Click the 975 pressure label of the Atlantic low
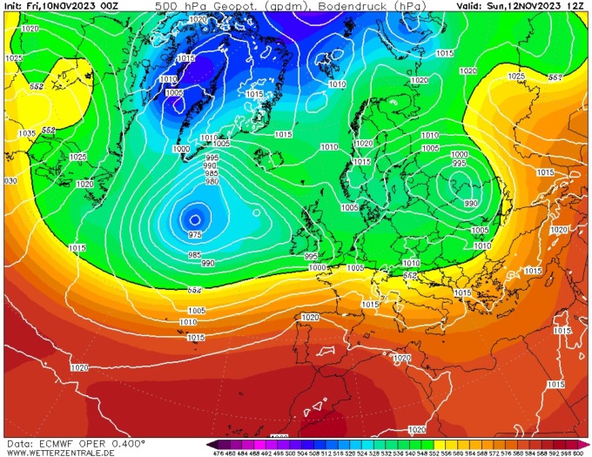194,236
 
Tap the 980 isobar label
211,182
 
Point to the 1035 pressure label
27,133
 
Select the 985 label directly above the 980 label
211,173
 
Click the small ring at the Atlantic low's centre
194,218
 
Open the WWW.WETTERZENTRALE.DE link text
58,453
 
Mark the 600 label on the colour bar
579,452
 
